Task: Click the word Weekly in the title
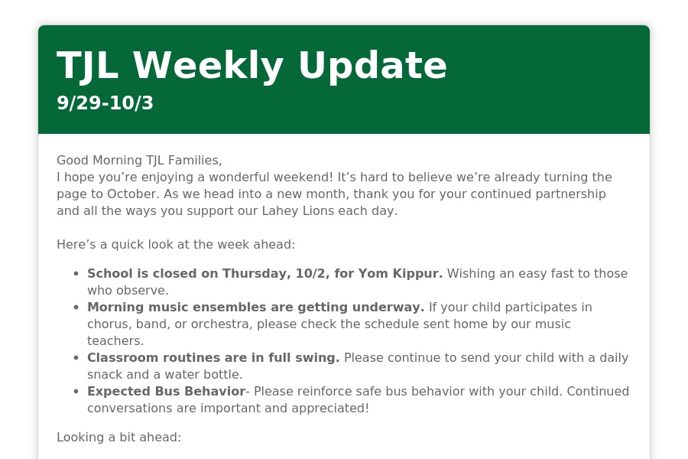[208, 66]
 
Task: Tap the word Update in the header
[372, 66]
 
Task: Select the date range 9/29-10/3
[105, 103]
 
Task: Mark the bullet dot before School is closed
[76, 274]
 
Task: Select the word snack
[101, 375]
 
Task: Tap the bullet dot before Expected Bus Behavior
[76, 392]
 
